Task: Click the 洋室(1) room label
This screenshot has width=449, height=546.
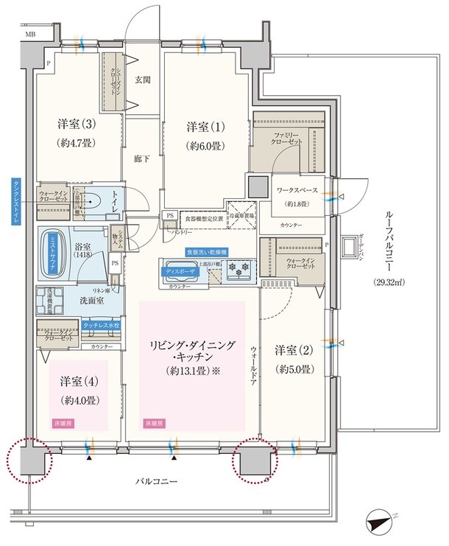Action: click(201, 127)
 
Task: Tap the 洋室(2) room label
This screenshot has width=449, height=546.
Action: click(291, 349)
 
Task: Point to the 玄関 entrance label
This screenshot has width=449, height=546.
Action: click(142, 79)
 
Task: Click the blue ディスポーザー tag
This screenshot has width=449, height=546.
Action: click(180, 270)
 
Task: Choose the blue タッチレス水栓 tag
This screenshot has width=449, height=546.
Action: click(101, 324)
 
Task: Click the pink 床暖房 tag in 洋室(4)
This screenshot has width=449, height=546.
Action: click(63, 424)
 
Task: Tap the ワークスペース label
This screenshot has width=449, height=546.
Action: click(297, 190)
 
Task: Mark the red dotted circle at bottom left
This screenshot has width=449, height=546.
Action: click(29, 461)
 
